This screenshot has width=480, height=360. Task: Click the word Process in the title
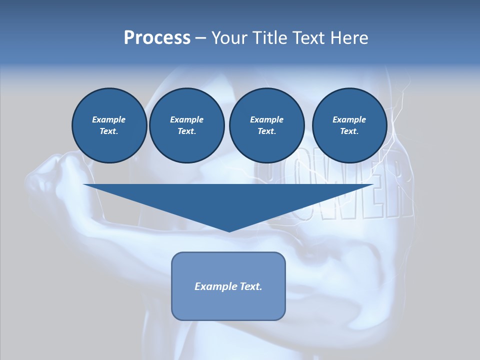tap(157, 38)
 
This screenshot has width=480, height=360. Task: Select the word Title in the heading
tap(270, 38)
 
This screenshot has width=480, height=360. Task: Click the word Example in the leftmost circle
tap(109, 119)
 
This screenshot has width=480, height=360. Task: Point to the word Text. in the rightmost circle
tap(349, 131)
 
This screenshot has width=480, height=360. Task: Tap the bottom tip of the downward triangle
tap(229, 231)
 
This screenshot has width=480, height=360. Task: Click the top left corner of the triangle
tap(84, 184)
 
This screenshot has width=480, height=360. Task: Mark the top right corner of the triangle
tap(373, 184)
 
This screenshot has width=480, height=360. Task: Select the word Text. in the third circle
tap(266, 131)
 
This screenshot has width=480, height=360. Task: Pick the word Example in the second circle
tap(186, 119)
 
